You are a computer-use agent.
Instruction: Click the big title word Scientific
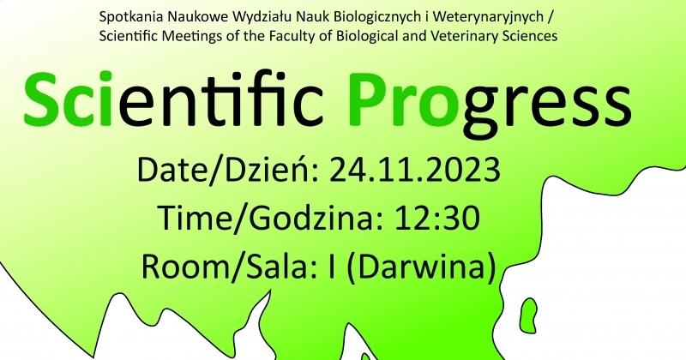174,99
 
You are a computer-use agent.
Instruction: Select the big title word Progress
490,105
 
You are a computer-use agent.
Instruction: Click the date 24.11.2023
415,170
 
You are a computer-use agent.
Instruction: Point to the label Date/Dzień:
230,170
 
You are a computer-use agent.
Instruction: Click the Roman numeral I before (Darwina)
331,266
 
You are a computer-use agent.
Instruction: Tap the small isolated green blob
530,309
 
